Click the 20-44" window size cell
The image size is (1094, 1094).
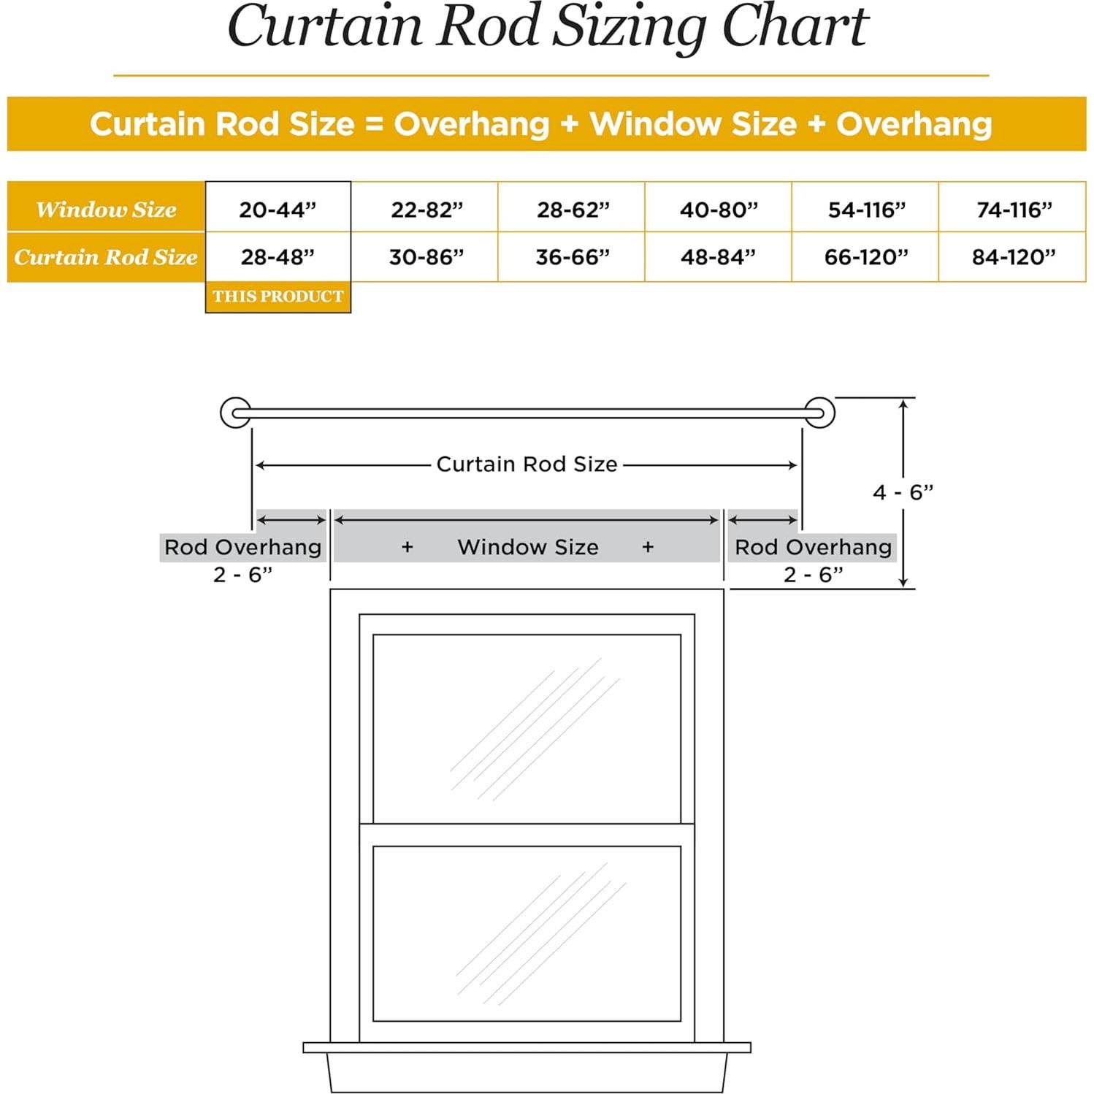[278, 210]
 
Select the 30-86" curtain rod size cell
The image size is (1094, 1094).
[426, 257]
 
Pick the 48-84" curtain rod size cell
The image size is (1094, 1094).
[718, 257]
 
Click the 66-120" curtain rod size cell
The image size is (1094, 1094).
[865, 257]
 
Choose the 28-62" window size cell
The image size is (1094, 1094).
[573, 210]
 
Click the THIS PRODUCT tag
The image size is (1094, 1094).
[278, 297]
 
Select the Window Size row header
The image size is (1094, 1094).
[106, 210]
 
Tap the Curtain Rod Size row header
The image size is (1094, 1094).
[106, 257]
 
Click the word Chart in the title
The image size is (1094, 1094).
[795, 28]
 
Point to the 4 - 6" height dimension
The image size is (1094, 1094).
[903, 492]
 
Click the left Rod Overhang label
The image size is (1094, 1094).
[242, 547]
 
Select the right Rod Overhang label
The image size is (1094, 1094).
[813, 547]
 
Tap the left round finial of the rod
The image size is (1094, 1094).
[235, 413]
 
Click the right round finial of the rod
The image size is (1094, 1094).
[820, 413]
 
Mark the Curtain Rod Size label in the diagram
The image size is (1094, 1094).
[527, 464]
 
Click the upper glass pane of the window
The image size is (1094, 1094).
[527, 728]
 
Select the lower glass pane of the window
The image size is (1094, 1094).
[527, 933]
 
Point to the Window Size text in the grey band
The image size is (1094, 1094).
[527, 547]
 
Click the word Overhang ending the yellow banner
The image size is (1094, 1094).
[914, 124]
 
